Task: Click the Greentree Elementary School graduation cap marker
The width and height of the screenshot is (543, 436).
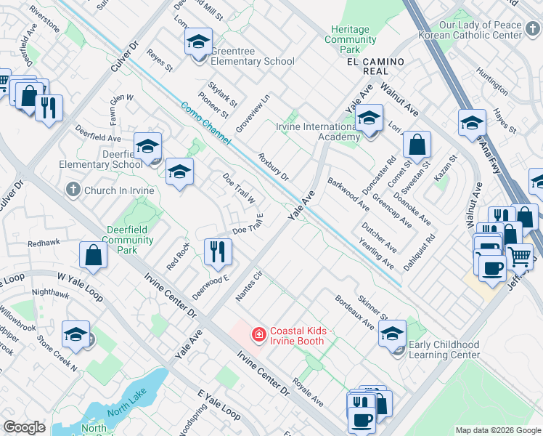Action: pos(197,43)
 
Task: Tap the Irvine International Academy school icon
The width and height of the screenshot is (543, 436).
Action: pos(370,118)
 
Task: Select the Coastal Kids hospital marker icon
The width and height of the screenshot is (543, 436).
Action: pos(258,335)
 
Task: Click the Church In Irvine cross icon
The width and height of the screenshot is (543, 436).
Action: pos(72,190)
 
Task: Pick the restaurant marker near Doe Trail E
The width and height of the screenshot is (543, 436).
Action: pos(218,251)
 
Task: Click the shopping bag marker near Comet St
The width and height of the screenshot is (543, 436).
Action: pos(417,145)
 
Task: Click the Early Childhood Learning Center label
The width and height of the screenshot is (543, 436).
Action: pos(444,350)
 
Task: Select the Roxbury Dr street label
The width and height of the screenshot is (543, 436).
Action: pos(274,167)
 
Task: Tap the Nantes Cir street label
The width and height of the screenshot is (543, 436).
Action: pos(248,286)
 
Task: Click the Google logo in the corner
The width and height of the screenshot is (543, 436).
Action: pos(24,427)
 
